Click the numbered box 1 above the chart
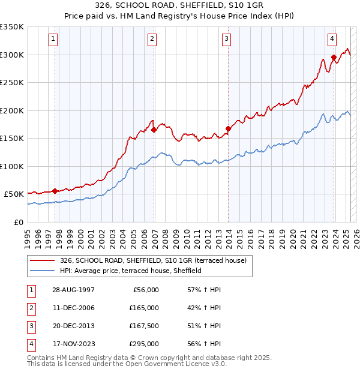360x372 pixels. (53, 39)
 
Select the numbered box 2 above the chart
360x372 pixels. (152, 39)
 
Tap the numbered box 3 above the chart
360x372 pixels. (227, 39)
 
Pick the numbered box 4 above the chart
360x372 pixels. (332, 39)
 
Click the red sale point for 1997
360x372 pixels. (55, 191)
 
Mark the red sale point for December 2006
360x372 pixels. (154, 130)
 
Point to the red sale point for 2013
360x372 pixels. (229, 128)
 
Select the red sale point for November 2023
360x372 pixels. (334, 58)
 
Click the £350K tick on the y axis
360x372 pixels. (12, 27)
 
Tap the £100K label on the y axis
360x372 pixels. (12, 166)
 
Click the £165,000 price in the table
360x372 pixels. (144, 308)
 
